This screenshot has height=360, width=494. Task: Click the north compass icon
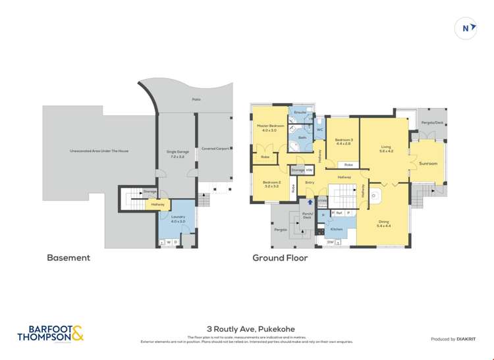[x=466, y=28]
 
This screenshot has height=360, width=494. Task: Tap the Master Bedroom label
[x=271, y=125]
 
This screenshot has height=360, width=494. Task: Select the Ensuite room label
[x=300, y=113]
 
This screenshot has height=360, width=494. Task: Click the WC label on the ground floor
[x=319, y=130]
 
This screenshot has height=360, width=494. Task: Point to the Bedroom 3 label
[x=344, y=140]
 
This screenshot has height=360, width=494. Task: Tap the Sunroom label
[x=428, y=163]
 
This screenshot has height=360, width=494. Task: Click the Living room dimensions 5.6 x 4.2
[x=386, y=151]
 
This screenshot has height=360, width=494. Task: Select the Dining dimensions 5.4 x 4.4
[x=383, y=226]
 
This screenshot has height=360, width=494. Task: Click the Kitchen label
[x=337, y=229]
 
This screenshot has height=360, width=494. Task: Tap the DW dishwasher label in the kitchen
[x=330, y=243]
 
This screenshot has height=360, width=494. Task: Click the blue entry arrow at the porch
[x=310, y=203]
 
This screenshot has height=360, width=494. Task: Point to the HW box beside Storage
[x=309, y=170]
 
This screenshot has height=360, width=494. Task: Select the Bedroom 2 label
[x=271, y=182]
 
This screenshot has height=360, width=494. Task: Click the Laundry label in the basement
[x=178, y=217]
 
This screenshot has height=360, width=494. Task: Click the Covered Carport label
[x=215, y=148]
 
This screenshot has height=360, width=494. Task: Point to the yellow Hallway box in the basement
[x=157, y=205]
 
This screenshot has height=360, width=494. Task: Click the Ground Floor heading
[x=280, y=258]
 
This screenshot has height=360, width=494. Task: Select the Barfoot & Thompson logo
[x=51, y=334]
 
